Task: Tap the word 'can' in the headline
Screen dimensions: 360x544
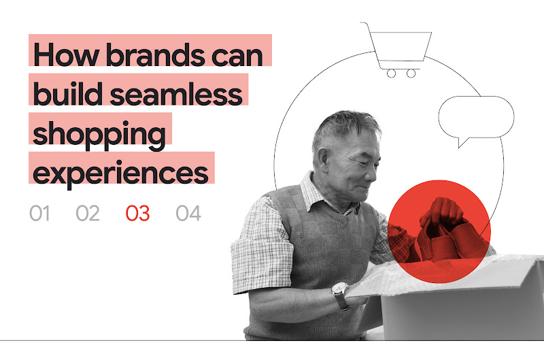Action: tap(238, 54)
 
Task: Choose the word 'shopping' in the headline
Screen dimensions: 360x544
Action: tap(99, 133)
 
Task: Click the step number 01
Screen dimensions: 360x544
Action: tap(40, 214)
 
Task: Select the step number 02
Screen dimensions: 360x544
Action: tap(88, 214)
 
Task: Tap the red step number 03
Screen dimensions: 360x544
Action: tap(137, 214)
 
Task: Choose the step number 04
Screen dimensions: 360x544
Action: tap(188, 214)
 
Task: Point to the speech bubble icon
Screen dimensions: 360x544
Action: tap(475, 118)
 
